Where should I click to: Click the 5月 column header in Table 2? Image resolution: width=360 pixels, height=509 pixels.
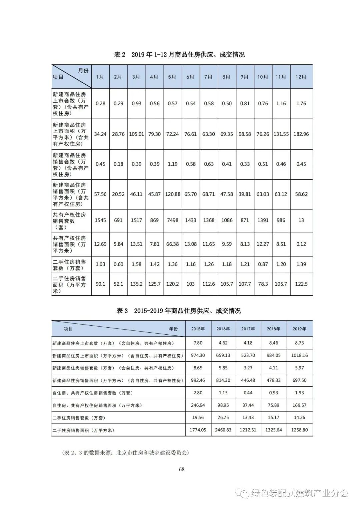click(172, 77)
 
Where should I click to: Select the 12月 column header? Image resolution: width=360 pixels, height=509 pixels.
click(301, 77)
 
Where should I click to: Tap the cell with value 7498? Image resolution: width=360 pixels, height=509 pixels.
click(172, 220)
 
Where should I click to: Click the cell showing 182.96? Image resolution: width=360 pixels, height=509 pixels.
click(301, 134)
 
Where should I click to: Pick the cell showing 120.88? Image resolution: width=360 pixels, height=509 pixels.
click(173, 194)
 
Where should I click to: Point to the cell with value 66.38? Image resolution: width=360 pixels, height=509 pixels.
click(172, 244)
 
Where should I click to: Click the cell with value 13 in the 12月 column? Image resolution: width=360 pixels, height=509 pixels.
click(301, 220)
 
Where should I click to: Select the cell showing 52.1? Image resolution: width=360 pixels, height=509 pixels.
click(118, 284)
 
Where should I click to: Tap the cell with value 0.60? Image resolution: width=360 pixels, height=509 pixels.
click(118, 264)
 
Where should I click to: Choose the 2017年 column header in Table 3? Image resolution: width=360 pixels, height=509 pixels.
click(248, 329)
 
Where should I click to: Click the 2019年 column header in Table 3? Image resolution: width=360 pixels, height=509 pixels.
click(299, 329)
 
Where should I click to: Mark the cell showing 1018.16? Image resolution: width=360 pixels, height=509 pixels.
click(299, 355)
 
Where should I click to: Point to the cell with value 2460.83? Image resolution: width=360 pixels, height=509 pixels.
click(223, 430)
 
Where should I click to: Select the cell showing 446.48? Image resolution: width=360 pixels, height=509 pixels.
click(248, 380)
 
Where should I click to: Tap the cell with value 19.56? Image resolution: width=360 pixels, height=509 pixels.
click(198, 418)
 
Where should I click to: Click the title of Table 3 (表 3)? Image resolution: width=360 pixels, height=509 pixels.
click(179, 311)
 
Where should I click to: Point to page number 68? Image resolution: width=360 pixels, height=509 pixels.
click(182, 469)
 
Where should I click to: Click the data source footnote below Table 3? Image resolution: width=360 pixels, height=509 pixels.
click(125, 453)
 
